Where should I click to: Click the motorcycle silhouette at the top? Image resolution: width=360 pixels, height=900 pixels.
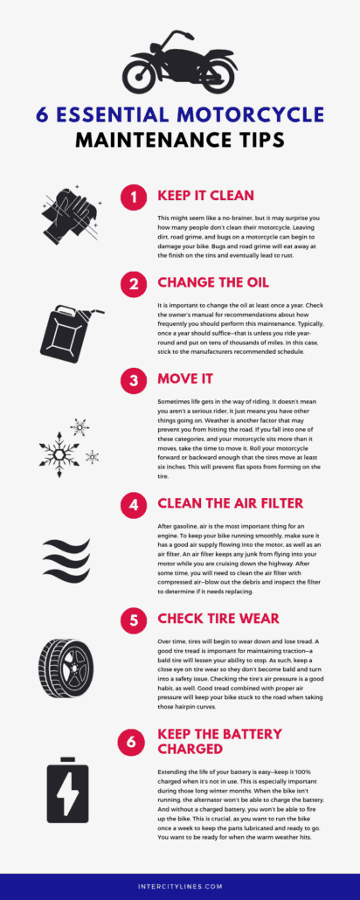(180, 64)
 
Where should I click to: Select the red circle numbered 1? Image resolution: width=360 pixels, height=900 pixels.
(133, 198)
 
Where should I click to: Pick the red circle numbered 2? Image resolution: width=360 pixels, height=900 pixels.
(133, 284)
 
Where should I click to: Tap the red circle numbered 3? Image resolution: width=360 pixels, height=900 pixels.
(133, 382)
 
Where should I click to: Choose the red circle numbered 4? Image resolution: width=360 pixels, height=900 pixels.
(133, 504)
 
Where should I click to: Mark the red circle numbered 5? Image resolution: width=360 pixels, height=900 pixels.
(133, 620)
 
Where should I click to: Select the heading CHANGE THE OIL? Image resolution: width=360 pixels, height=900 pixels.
(212, 283)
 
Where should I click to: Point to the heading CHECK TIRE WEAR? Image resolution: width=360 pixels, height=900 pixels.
(218, 619)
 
